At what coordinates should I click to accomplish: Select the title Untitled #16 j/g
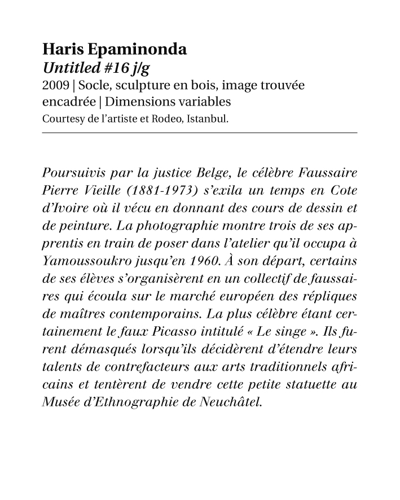pyautogui.click(x=96, y=68)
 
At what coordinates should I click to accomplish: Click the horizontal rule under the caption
pyautogui.click(x=200, y=133)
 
